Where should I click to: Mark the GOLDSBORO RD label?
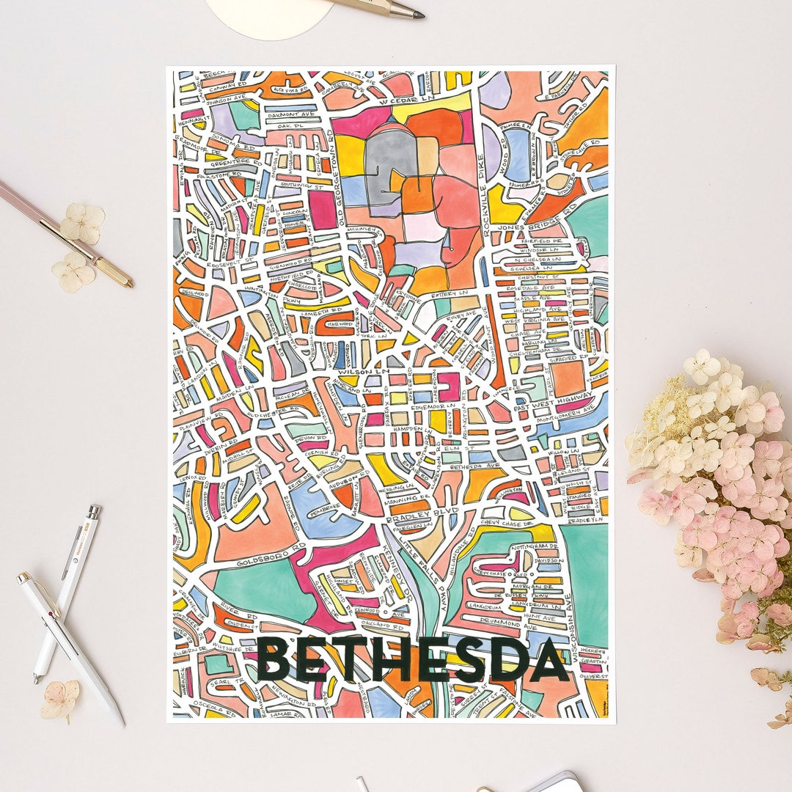click(260, 563)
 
